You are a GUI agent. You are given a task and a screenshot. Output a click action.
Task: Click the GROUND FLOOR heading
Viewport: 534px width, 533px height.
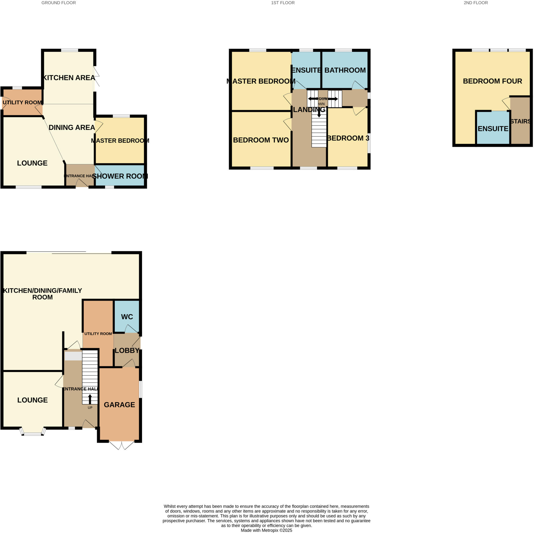tap(59, 3)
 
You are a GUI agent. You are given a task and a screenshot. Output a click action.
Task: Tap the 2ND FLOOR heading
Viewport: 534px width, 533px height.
tap(476, 3)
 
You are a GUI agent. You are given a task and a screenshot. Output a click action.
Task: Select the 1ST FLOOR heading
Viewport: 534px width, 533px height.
tap(283, 3)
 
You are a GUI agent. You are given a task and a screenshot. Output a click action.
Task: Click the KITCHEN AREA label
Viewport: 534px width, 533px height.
tap(69, 78)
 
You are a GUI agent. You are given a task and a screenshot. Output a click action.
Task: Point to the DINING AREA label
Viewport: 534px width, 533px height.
tap(72, 128)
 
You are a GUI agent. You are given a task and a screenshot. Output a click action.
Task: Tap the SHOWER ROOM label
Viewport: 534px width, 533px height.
tap(120, 176)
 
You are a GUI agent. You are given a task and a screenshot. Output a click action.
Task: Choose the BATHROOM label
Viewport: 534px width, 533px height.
tap(345, 70)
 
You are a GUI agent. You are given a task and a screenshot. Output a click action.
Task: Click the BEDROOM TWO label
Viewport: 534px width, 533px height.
tap(261, 140)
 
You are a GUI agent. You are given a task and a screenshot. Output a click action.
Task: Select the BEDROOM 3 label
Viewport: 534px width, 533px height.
tap(348, 138)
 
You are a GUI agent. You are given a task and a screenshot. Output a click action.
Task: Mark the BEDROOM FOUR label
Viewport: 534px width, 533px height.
tap(493, 81)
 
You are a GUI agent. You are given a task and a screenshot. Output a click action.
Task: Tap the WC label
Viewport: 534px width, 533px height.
tap(127, 317)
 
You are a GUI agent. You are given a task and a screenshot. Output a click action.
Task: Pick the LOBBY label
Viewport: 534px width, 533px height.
tap(127, 350)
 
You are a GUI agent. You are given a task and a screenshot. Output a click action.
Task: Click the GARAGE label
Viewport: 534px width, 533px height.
tap(119, 405)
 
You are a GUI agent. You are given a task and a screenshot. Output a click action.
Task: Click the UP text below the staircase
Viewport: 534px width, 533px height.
tap(90, 408)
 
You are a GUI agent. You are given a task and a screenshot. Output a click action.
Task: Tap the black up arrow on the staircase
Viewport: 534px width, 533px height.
tap(90, 399)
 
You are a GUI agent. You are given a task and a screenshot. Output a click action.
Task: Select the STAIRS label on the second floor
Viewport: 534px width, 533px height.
tap(520, 121)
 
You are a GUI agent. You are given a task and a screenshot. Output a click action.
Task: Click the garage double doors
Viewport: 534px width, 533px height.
tap(122, 445)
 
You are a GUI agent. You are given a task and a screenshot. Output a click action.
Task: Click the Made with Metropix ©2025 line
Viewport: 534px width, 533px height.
tap(266, 530)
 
